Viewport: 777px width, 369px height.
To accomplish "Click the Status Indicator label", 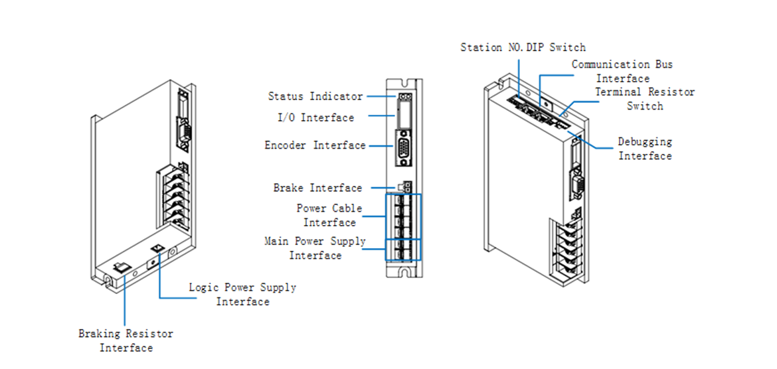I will (x=315, y=96).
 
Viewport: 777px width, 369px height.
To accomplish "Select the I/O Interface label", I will (x=315, y=117).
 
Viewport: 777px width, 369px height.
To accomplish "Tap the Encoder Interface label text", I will (x=315, y=145).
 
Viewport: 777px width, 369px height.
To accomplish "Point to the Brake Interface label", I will (x=317, y=188).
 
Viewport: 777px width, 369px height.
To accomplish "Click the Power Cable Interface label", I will (x=329, y=215).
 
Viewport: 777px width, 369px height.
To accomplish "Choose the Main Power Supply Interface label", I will (x=315, y=248).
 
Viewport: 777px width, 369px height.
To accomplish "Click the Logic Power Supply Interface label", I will (x=242, y=294).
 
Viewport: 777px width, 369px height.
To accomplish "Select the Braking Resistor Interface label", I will (x=126, y=340).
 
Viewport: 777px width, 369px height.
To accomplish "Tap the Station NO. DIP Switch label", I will (x=523, y=47).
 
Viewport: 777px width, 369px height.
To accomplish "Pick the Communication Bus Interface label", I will (x=622, y=71).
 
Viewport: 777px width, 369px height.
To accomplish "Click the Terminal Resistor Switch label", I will (x=644, y=99).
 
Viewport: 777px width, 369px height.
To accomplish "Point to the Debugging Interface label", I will (x=645, y=149).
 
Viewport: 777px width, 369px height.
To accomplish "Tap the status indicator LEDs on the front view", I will (x=402, y=97).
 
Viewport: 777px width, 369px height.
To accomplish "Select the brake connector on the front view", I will (x=402, y=188).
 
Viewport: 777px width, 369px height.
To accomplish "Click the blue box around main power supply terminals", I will (x=402, y=249).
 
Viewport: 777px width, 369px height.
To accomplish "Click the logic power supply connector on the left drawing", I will (x=158, y=248).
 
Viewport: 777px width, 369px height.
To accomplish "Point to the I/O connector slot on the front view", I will (x=402, y=117).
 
